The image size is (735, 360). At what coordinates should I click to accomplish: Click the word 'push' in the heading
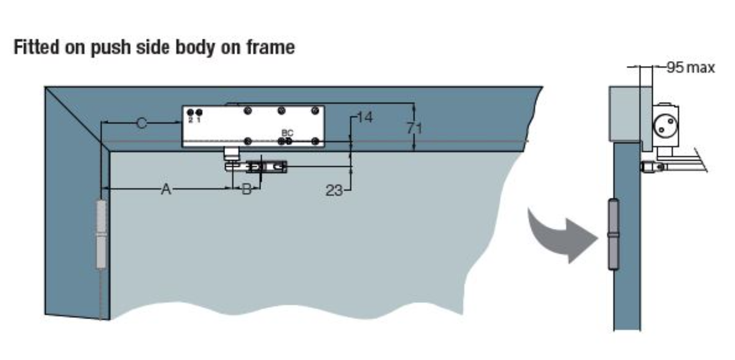pos(110,48)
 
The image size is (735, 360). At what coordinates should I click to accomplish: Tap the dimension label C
pos(142,123)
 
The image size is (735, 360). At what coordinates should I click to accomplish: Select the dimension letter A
pos(166,189)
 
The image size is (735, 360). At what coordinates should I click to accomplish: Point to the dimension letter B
pos(247,189)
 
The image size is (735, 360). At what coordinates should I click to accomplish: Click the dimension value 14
pos(364,117)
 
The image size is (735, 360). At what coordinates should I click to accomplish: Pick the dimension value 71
pos(414,128)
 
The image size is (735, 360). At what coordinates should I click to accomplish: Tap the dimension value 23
pos(334,191)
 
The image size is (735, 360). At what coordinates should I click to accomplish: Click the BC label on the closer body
pos(287,133)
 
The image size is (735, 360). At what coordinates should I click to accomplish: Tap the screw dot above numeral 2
pos(190,113)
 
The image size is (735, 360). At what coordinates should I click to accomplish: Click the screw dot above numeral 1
pos(198,113)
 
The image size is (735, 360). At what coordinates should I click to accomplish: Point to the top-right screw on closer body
pos(315,111)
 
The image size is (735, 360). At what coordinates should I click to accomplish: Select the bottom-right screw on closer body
pos(315,142)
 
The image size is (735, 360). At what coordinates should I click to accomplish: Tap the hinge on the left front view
pos(102,234)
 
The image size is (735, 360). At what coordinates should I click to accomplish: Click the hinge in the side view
pos(613,234)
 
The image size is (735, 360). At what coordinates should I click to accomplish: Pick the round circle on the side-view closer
pos(666,126)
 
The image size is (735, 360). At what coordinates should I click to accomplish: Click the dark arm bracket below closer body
pos(267,167)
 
